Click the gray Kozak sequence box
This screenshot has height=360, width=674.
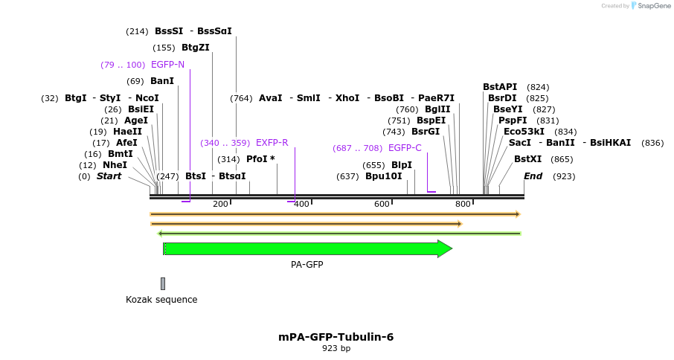point(163,283)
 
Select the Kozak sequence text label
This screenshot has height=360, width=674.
point(161,300)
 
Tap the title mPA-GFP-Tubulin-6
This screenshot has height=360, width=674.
point(336,337)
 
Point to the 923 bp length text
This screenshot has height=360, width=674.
point(336,348)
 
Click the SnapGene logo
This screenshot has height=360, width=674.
point(651,6)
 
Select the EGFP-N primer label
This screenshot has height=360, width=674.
point(167,65)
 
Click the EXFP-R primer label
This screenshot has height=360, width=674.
point(272,143)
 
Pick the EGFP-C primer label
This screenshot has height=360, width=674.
point(405,148)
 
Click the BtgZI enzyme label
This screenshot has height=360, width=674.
point(196,48)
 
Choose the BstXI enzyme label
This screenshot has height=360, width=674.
point(527,159)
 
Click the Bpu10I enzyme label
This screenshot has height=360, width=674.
point(383,176)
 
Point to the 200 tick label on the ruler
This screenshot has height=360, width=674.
point(220,205)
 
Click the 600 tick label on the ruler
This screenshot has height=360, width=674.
point(382,205)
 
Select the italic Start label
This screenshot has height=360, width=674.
point(109,176)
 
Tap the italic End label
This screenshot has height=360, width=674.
point(533,176)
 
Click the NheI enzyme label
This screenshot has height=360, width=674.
point(115,165)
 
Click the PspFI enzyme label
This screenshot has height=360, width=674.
point(513,120)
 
